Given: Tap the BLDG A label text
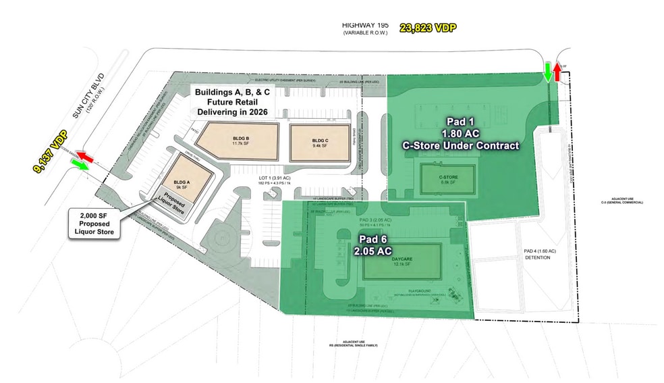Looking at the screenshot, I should pos(181,182).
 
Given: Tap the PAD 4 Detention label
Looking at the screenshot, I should pos(539,254).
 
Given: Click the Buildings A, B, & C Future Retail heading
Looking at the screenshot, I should pos(231,101).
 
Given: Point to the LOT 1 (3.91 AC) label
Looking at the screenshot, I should pos(273,179).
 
